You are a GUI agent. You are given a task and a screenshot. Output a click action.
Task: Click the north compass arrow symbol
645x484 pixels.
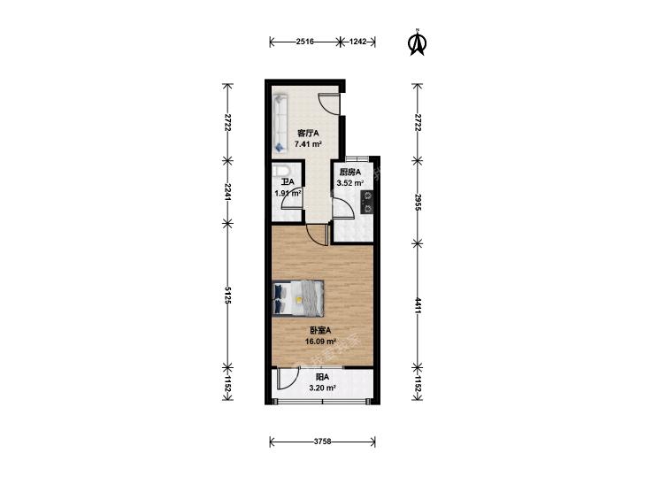click(418, 42)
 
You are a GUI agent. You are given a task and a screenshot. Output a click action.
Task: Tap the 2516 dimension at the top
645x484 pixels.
click(305, 42)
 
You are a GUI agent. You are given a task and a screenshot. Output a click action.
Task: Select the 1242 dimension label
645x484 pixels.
click(357, 42)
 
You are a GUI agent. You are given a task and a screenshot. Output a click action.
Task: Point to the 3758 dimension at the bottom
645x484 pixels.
click(322, 442)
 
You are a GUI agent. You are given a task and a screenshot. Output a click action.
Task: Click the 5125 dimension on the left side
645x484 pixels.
click(227, 295)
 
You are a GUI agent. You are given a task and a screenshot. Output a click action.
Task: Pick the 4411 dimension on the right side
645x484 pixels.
click(418, 305)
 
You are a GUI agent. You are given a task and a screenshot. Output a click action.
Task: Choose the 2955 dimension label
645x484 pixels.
click(418, 202)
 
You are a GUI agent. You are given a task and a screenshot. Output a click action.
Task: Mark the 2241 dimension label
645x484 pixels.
click(227, 191)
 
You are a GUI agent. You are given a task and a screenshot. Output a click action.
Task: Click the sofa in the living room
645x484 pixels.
click(280, 123)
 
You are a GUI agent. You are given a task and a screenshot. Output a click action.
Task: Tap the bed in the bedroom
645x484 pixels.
click(298, 298)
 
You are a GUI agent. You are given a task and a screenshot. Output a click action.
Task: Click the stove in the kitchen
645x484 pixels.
click(367, 203)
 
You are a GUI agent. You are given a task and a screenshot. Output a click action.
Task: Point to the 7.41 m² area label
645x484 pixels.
click(308, 144)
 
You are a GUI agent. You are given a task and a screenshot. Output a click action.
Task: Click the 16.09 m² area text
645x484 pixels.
click(320, 341)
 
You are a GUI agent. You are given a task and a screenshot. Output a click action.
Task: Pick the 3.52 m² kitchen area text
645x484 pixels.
click(349, 183)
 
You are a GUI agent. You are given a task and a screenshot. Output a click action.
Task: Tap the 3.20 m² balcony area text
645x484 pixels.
click(322, 387)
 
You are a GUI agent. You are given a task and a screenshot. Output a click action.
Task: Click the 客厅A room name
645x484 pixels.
click(308, 134)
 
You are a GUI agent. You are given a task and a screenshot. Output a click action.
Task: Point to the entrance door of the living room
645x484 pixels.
click(329, 104)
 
